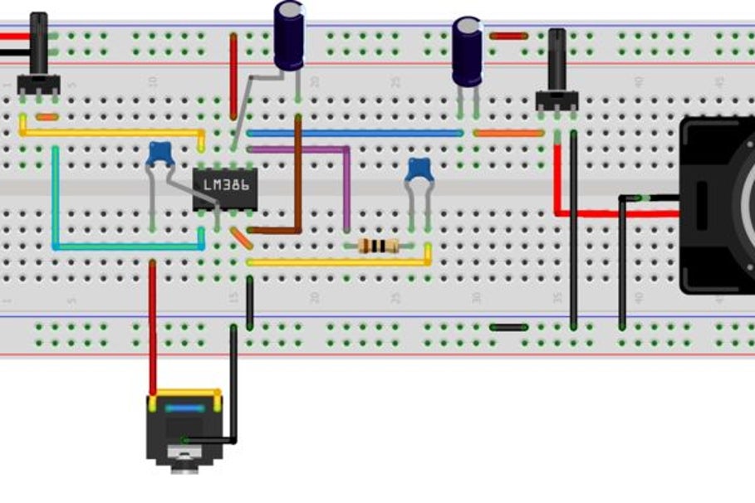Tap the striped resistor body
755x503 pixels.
pos(378,246)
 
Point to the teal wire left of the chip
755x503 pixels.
pos(55,199)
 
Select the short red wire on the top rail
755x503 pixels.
pos(508,36)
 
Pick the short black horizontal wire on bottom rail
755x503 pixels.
pos(508,327)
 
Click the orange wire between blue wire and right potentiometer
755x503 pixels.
pos(508,133)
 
